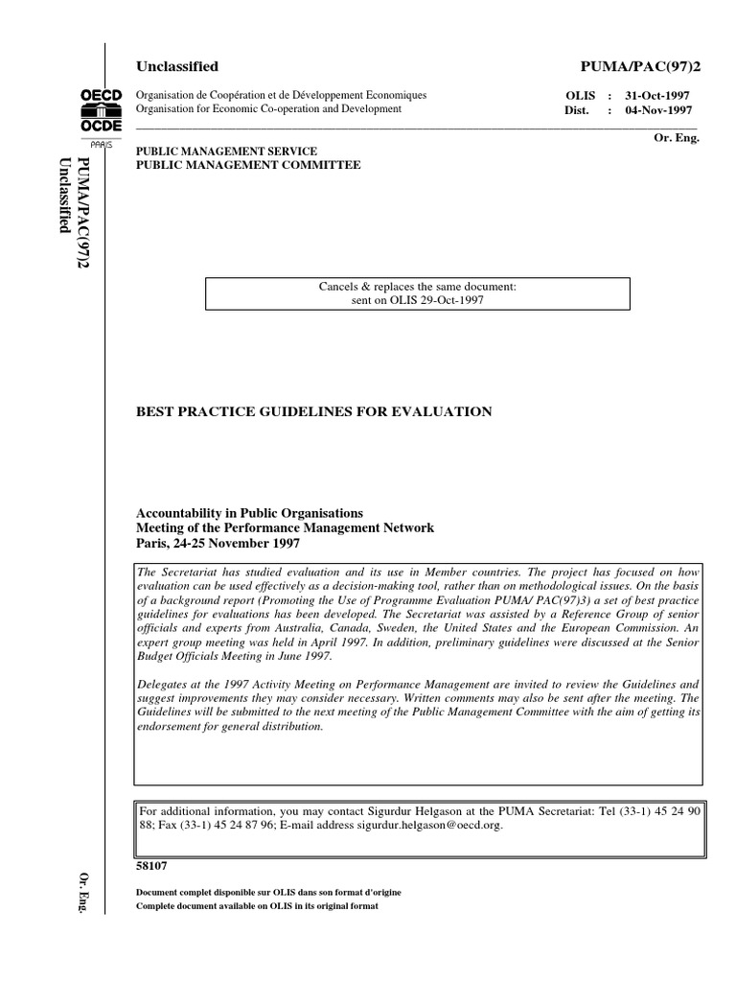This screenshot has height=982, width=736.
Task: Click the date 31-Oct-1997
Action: [656, 97]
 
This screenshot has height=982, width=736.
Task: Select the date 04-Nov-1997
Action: [656, 110]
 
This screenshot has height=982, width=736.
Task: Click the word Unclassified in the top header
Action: [178, 66]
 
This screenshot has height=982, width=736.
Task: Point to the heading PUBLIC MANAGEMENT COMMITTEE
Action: [249, 165]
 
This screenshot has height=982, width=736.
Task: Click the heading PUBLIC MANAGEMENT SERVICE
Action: [241, 152]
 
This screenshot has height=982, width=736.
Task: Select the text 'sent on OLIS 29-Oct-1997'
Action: [418, 299]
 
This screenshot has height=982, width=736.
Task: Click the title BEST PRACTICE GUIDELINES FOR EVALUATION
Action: [315, 411]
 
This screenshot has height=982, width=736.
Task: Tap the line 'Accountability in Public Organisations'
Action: [251, 513]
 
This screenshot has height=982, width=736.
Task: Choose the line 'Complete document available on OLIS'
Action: [259, 905]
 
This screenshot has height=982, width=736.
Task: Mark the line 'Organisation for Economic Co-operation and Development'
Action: [269, 109]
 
